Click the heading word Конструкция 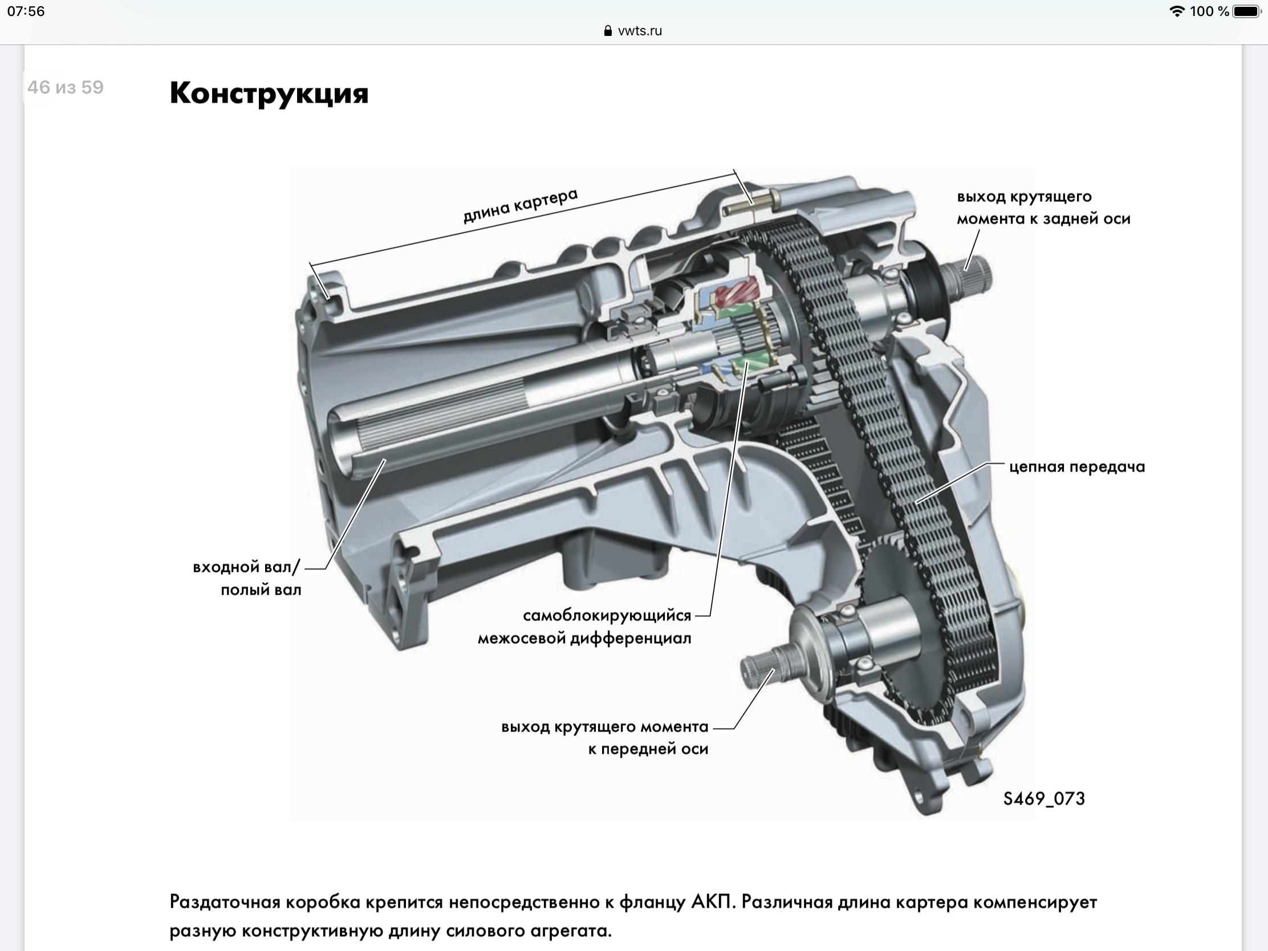pos(269,93)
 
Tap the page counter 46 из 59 pos(66,87)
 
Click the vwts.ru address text pos(640,31)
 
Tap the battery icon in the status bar pos(1247,11)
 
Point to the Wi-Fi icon pos(1177,11)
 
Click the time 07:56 pos(26,11)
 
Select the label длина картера pos(521,205)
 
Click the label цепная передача pos(1076,466)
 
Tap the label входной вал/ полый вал pos(246,578)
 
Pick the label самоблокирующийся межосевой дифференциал pos(585,627)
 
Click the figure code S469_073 pos(1044,799)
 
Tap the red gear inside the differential pos(737,296)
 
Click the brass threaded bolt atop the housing pos(748,204)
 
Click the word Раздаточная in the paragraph pos(225,903)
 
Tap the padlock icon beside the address pos(608,31)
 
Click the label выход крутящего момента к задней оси pos(1043,208)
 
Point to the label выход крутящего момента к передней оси pos(605,738)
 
